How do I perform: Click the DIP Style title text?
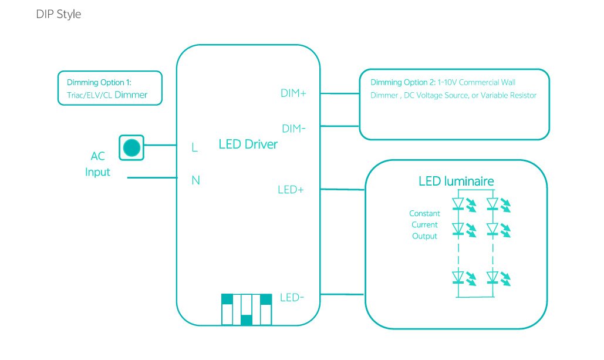[58, 14]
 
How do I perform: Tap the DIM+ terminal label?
[293, 93]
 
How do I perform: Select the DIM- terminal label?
[293, 128]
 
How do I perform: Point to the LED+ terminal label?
[291, 190]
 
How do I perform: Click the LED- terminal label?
[292, 298]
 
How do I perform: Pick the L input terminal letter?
[194, 148]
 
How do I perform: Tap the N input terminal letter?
[195, 180]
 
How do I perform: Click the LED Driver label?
[248, 144]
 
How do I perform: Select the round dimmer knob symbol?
[132, 147]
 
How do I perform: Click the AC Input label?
[97, 164]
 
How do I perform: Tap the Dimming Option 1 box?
[110, 88]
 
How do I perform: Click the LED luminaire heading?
[456, 180]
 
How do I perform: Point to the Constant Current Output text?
[424, 225]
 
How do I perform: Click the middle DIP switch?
[247, 309]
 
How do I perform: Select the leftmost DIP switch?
[227, 309]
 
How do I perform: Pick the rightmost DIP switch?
[266, 309]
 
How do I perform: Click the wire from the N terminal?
[153, 177]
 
